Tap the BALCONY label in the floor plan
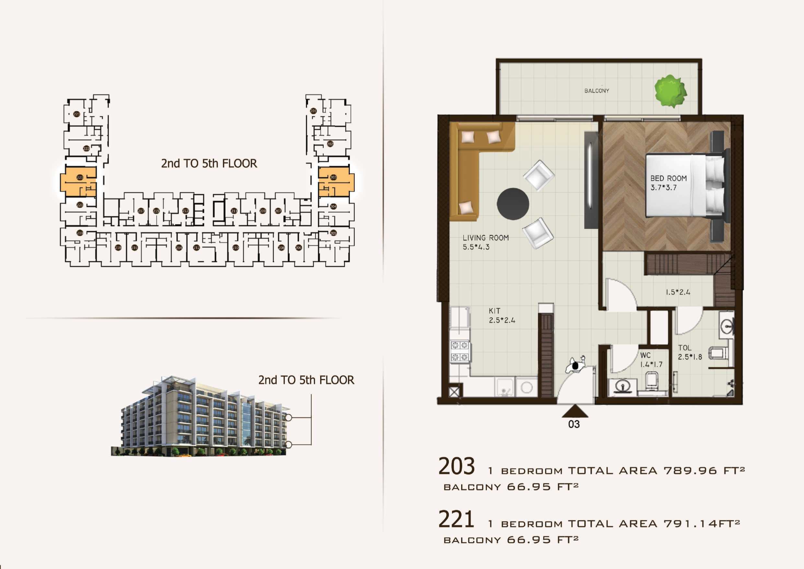(597, 91)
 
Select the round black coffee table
(513, 204)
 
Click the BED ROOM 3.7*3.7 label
(668, 183)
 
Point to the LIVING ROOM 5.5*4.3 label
(485, 242)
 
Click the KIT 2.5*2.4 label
(501, 315)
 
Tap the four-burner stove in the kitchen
(460, 351)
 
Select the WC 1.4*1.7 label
(651, 360)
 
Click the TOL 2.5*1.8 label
(690, 352)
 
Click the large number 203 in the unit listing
(456, 466)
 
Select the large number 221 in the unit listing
(456, 519)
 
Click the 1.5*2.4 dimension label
(678, 292)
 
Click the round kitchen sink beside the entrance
(527, 387)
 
